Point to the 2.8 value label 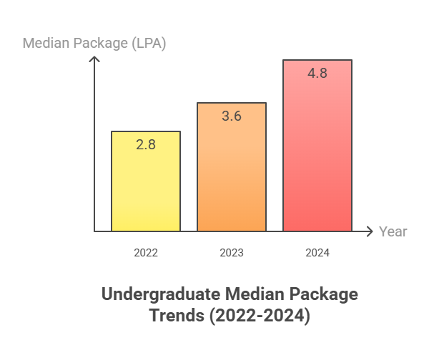(146, 144)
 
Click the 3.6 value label (232, 116)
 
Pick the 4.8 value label (317, 73)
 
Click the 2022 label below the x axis (146, 253)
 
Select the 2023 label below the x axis (232, 253)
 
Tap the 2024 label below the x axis (317, 253)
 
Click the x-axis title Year (393, 231)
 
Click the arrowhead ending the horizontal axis (370, 231)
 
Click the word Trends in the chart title (173, 315)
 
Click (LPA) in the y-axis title (147, 44)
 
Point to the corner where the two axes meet (94, 231)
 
